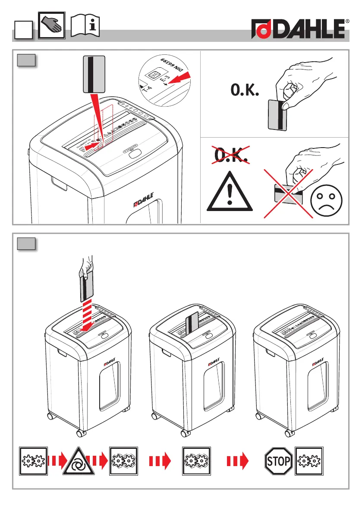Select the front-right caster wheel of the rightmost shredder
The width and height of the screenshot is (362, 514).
pos(288,432)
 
